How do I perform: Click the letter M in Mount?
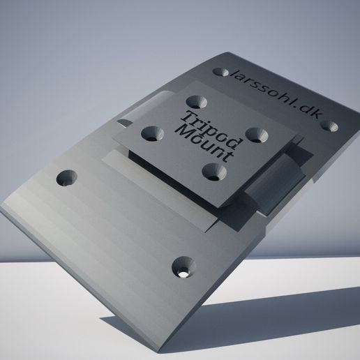[x=183, y=130]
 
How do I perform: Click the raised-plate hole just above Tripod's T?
[x=193, y=100]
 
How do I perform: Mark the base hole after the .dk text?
[x=330, y=127]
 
